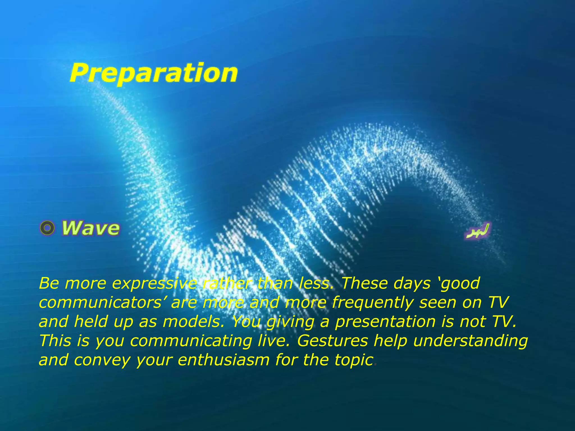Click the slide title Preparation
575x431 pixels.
tap(154, 73)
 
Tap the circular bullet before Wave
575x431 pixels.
tap(47, 228)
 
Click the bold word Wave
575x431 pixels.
tap(91, 228)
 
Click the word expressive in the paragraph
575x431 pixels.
tap(154, 284)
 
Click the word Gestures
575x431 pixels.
tap(332, 341)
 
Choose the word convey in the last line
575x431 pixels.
tap(102, 360)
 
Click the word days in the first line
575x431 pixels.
tap(412, 284)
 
